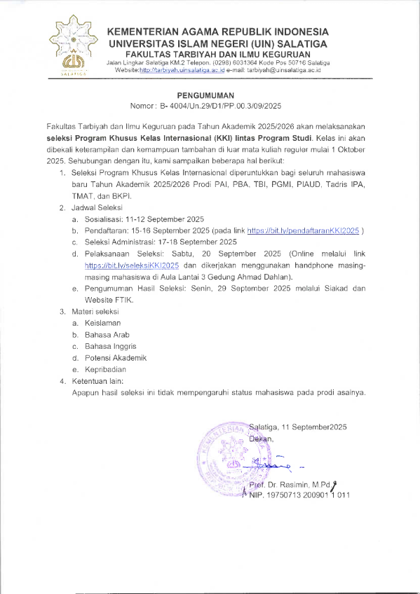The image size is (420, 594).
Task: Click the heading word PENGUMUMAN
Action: point(205,95)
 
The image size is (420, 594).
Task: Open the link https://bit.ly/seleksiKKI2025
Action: point(133,266)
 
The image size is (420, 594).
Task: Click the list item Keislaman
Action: point(102,322)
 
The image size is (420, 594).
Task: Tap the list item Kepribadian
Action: point(105,369)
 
